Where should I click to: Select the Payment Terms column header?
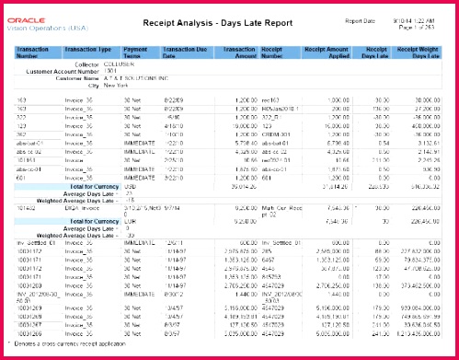tap(136, 52)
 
